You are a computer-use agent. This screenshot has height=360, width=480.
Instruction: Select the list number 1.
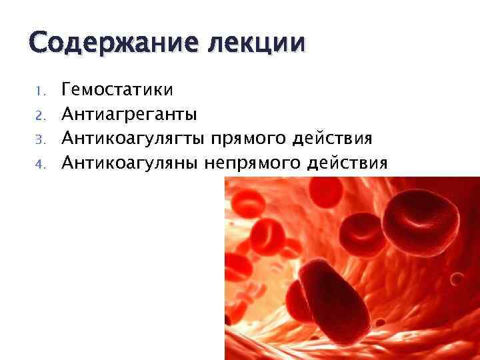39,90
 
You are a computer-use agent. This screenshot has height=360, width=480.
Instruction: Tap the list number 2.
39,115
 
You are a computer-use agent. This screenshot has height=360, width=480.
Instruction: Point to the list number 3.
39,139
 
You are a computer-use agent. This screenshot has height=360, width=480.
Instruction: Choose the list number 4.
39,163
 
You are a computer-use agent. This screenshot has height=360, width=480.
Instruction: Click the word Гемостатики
117,89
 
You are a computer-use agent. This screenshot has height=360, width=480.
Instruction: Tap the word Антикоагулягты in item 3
133,138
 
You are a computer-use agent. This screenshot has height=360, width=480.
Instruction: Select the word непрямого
261,162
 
